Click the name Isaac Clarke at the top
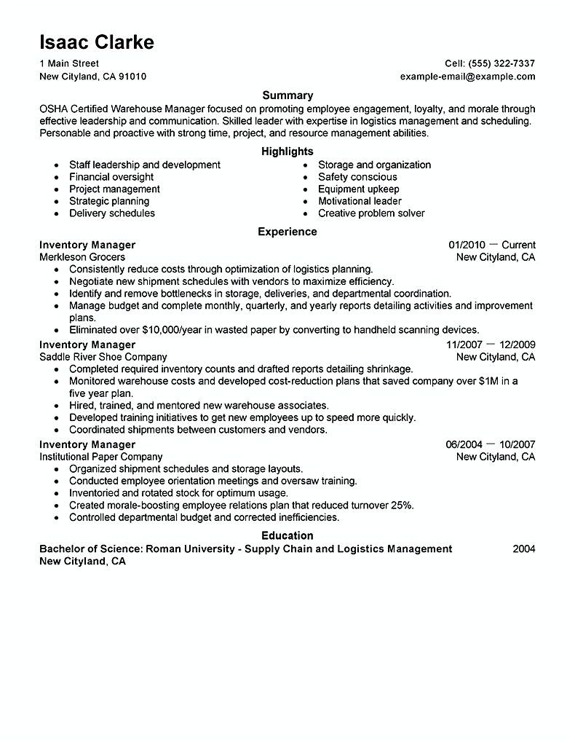tap(96, 42)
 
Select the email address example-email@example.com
tap(467, 76)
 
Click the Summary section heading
tap(287, 95)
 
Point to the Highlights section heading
tap(287, 152)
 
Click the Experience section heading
tap(287, 232)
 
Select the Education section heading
tap(287, 535)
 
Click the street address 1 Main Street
tap(69, 63)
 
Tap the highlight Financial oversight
tap(111, 177)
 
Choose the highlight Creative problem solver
tap(371, 213)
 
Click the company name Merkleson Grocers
tap(82, 257)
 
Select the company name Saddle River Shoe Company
tap(103, 357)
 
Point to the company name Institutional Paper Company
tap(101, 457)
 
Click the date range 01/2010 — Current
tap(491, 245)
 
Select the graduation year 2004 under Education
tap(523, 549)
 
